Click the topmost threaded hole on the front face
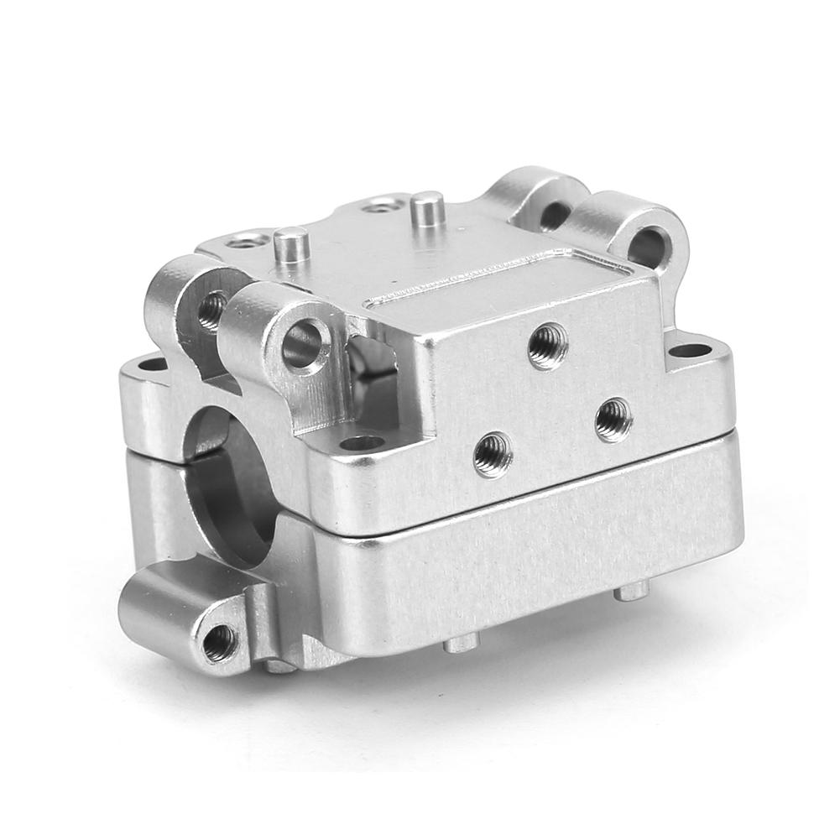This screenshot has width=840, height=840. pyautogui.click(x=548, y=345)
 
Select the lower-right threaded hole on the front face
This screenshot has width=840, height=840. pyautogui.click(x=613, y=420)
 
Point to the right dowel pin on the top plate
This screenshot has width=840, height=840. pyautogui.click(x=428, y=207)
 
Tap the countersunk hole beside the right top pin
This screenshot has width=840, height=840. pyautogui.click(x=382, y=203)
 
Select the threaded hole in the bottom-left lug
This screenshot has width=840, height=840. pyautogui.click(x=219, y=642)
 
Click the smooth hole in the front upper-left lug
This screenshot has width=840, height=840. pyautogui.click(x=303, y=345)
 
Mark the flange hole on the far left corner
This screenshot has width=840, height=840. pyautogui.click(x=151, y=366)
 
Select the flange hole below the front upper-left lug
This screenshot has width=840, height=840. pyautogui.click(x=362, y=442)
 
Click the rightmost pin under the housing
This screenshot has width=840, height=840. pyautogui.click(x=631, y=592)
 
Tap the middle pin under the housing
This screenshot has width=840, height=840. pyautogui.click(x=461, y=643)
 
